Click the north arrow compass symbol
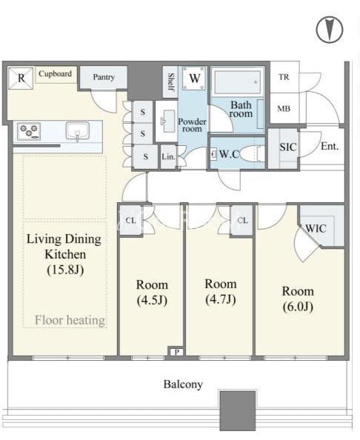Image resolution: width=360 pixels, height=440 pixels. [x=330, y=30]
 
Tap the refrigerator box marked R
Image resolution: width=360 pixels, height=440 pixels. [x=21, y=78]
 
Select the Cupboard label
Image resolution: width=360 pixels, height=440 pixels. [x=55, y=74]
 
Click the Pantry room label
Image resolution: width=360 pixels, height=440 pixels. [x=104, y=77]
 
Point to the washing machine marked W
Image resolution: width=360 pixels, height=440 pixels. [x=194, y=79]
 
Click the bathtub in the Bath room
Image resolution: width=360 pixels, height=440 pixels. [x=237, y=82]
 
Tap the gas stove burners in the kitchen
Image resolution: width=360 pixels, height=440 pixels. [x=29, y=131]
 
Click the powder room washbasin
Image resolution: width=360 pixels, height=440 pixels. [x=167, y=121]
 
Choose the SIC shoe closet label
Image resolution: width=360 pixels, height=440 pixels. [x=288, y=147]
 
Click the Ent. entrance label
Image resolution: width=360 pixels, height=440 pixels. [x=330, y=146]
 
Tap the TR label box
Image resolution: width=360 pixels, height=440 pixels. [x=284, y=77]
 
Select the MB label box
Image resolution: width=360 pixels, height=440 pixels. [x=284, y=108]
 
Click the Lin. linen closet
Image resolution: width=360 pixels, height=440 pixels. [x=168, y=156]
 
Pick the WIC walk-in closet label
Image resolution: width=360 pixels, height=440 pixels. [x=316, y=228]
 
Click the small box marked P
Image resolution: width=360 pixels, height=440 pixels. [x=176, y=352]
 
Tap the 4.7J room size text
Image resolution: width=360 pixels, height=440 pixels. [x=221, y=299]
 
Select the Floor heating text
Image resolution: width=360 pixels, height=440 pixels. [x=70, y=320]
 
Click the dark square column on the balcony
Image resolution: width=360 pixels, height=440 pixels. [x=237, y=410]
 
